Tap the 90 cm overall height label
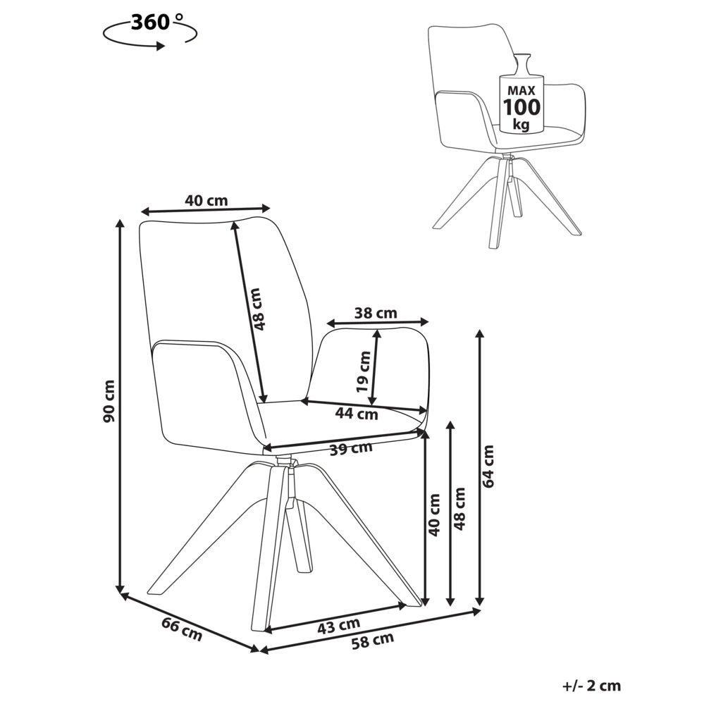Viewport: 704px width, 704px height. click(109, 401)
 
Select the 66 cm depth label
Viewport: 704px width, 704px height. click(182, 629)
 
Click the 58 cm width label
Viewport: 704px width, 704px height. click(373, 641)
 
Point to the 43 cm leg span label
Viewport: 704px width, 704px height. click(338, 626)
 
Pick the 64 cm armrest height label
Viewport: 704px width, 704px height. click(488, 466)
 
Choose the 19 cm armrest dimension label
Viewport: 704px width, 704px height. click(363, 372)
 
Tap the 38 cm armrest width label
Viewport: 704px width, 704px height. click(376, 312)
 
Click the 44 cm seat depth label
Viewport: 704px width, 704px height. click(357, 413)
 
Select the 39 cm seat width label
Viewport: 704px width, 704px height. click(351, 448)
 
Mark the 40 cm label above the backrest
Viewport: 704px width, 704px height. click(206, 200)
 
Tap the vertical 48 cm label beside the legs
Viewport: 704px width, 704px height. click(459, 509)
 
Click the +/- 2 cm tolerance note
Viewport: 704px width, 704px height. click(591, 686)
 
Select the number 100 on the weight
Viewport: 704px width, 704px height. click(521, 107)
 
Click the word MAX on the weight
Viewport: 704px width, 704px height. click(521, 91)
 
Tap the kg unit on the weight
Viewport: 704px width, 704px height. click(521, 124)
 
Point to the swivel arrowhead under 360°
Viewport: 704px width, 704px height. click(160, 45)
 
